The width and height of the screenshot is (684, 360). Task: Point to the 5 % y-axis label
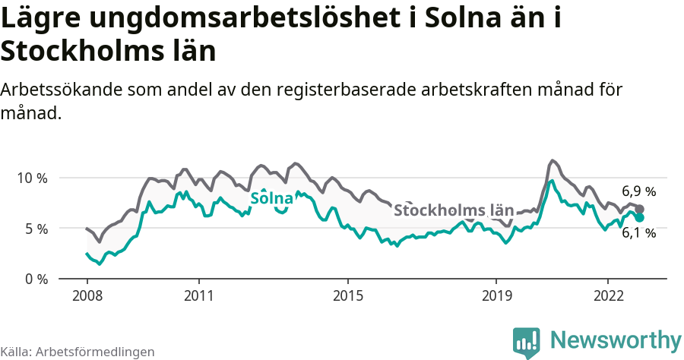click(33, 229)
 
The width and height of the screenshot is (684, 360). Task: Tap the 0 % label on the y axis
click(33, 279)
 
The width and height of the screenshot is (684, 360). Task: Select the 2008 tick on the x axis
click(87, 295)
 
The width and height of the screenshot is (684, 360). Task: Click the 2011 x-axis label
click(198, 295)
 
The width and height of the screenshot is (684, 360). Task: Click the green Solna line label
click(271, 199)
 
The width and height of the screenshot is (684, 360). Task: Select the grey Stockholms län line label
click(454, 210)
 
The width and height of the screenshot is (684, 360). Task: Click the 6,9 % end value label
click(638, 191)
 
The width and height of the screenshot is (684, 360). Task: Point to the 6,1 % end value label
click(638, 233)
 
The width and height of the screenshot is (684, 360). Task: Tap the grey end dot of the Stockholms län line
click(640, 209)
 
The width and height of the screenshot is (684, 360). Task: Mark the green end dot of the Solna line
click(640, 218)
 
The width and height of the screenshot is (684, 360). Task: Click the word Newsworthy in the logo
click(616, 339)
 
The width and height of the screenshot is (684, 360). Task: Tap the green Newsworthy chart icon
click(527, 342)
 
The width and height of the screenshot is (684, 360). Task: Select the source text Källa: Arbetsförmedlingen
click(78, 352)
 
